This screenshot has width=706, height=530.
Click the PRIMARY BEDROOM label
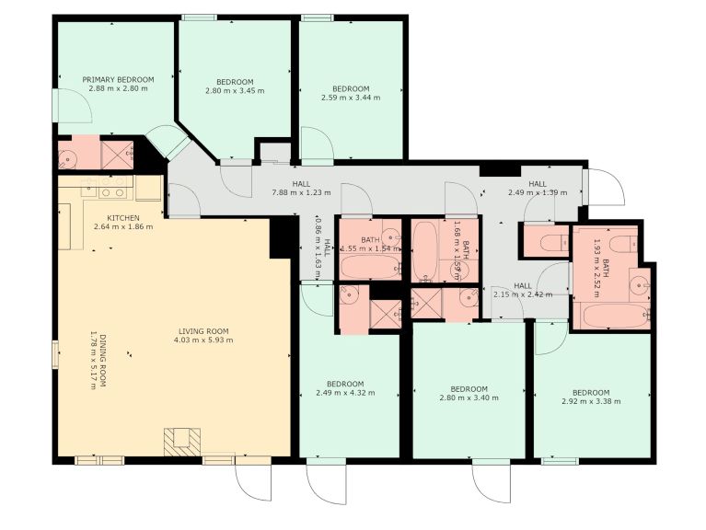(118, 80)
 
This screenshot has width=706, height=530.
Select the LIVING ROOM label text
(203, 331)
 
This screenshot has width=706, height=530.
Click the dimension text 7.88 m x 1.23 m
(300, 193)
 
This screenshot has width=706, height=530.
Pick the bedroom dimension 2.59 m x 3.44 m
(350, 98)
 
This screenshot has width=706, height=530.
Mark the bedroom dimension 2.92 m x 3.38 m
(591, 401)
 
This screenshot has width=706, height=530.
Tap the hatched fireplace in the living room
(180, 441)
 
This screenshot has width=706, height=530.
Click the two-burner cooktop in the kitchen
(113, 192)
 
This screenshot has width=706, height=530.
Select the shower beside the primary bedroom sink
(116, 153)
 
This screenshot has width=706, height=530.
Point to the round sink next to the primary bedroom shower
(67, 156)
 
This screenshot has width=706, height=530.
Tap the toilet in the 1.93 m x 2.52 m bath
(621, 244)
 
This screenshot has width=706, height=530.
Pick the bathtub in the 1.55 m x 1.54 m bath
(370, 267)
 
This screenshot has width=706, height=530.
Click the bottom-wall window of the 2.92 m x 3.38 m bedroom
(559, 461)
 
